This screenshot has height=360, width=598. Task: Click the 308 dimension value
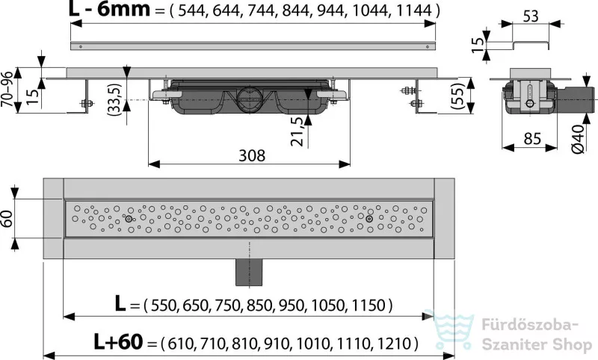(x=252, y=155)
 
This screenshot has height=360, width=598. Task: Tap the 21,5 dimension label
(x=299, y=131)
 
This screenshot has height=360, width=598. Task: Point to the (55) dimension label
(x=457, y=96)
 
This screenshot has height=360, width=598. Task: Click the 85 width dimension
(x=531, y=139)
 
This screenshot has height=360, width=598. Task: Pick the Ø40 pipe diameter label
(x=578, y=139)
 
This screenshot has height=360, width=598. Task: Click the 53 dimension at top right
(x=530, y=16)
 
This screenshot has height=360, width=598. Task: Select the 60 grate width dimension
(x=8, y=218)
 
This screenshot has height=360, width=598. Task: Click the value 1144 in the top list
(x=414, y=10)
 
